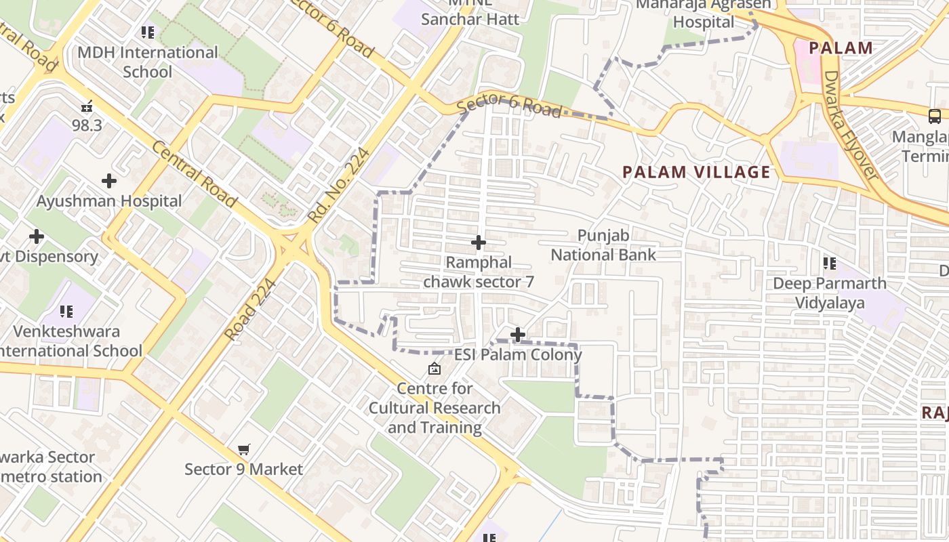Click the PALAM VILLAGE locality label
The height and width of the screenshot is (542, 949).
click(697, 172)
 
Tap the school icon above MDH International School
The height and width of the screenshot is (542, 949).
click(148, 32)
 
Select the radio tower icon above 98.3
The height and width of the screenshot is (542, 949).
click(87, 106)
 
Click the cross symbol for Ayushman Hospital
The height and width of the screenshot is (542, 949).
click(109, 181)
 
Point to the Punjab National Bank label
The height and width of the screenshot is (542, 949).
click(603, 245)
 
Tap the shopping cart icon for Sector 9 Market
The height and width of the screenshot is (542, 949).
click(244, 449)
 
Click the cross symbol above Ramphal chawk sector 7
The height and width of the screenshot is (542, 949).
click(479, 243)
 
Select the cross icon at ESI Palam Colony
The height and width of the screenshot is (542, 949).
click(518, 335)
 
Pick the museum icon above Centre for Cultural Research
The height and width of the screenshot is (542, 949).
click(434, 369)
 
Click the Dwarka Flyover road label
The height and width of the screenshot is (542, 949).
click(851, 126)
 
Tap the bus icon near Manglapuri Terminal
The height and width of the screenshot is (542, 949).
click(935, 116)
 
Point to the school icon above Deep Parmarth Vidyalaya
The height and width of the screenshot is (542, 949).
click(830, 263)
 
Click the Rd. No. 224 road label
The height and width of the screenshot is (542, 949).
click(339, 186)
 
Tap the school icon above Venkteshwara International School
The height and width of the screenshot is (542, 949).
click(66, 312)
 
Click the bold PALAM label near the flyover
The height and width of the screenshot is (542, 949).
click(841, 48)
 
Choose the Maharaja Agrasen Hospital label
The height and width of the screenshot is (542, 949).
click(704, 14)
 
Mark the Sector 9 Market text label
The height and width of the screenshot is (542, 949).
click(244, 469)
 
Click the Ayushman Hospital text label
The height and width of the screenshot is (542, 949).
click(109, 201)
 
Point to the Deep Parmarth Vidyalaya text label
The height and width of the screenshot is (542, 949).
click(830, 293)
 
